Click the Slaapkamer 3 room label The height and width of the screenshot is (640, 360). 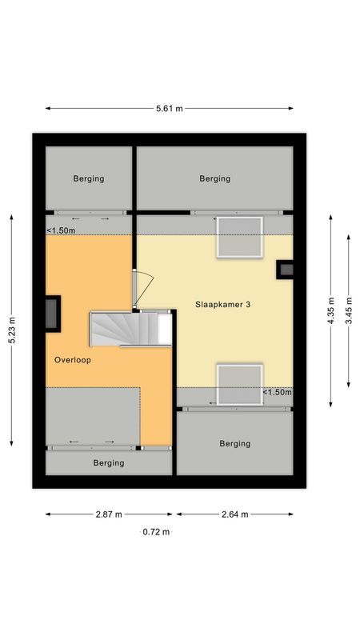click(x=227, y=305)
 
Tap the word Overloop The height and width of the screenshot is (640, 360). click(x=74, y=361)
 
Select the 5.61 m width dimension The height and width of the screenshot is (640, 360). click(x=169, y=108)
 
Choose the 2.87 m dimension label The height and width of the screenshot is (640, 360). click(x=108, y=514)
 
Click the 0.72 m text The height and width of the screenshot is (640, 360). click(x=156, y=531)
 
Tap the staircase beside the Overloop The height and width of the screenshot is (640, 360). click(x=128, y=329)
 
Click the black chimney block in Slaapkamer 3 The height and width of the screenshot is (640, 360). click(x=285, y=270)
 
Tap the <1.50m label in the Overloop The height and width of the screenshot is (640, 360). click(x=61, y=231)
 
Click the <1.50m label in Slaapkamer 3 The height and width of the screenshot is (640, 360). click(x=278, y=393)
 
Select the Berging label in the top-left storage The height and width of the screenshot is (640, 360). click(x=89, y=178)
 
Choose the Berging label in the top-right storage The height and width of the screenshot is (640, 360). click(x=215, y=178)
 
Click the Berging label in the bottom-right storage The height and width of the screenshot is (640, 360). click(x=234, y=443)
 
